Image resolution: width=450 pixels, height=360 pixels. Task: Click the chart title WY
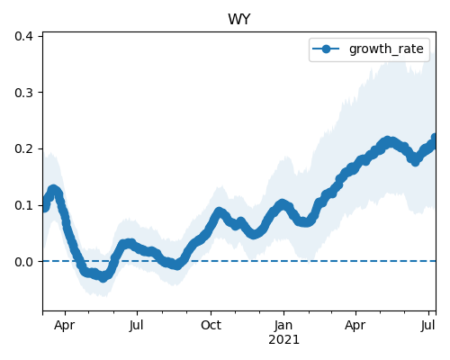tap(239, 20)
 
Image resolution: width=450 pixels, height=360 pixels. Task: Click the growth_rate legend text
tap(386, 49)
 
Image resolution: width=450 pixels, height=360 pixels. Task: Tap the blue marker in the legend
tap(326, 49)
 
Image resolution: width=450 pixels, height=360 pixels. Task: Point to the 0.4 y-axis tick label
tap(23, 36)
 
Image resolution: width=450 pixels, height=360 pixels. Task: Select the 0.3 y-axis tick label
tap(23, 93)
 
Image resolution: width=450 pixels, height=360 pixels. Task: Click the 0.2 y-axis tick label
tap(23, 148)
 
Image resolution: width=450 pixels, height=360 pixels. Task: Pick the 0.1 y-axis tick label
tap(23, 205)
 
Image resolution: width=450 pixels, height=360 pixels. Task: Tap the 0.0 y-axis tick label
tap(23, 262)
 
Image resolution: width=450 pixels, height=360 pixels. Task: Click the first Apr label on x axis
tap(65, 326)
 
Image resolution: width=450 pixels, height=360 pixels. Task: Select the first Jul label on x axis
tap(137, 325)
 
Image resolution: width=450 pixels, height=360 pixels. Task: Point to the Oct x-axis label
tap(211, 325)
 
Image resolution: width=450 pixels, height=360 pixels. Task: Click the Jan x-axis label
tap(283, 325)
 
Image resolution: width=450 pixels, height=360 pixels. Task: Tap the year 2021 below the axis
tap(283, 340)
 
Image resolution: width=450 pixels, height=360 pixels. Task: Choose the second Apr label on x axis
tap(355, 326)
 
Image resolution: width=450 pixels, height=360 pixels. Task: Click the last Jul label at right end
tap(427, 325)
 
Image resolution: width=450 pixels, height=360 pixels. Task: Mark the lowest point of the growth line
tap(103, 278)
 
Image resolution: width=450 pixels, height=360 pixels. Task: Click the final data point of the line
tap(435, 138)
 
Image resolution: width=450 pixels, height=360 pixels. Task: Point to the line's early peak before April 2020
tap(53, 189)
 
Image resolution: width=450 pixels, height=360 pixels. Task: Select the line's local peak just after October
tap(219, 211)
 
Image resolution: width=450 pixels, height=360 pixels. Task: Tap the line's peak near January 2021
tap(282, 203)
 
